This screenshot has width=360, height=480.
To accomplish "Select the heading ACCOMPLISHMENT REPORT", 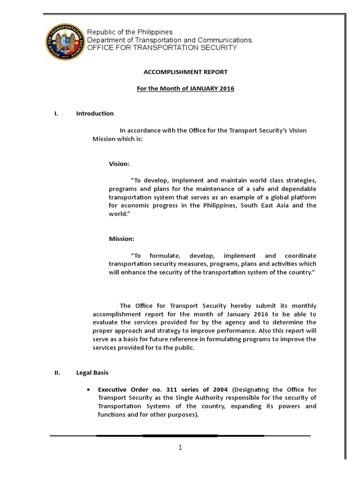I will click(x=185, y=72).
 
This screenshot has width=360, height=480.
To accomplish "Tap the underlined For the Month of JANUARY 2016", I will click(x=185, y=89).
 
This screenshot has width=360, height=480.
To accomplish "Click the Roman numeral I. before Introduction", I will click(x=56, y=113).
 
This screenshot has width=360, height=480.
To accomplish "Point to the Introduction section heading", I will click(x=95, y=113).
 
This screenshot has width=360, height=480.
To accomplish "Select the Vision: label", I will click(x=119, y=164).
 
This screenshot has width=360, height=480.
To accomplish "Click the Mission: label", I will click(x=121, y=239).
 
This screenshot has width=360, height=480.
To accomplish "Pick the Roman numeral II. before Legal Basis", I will click(x=57, y=373).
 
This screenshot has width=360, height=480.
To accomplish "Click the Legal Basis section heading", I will click(x=92, y=373).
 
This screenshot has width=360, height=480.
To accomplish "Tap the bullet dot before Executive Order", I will click(x=89, y=390).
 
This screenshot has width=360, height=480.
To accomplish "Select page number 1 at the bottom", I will click(x=180, y=448).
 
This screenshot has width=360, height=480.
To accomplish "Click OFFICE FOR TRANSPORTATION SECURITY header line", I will click(x=162, y=48).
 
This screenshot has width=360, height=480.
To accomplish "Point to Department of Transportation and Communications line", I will click(x=170, y=40).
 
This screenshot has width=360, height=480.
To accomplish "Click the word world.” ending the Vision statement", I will click(x=118, y=214).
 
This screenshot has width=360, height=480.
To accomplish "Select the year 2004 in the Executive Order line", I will click(x=218, y=390).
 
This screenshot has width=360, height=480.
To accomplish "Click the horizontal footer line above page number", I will click(x=180, y=435).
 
